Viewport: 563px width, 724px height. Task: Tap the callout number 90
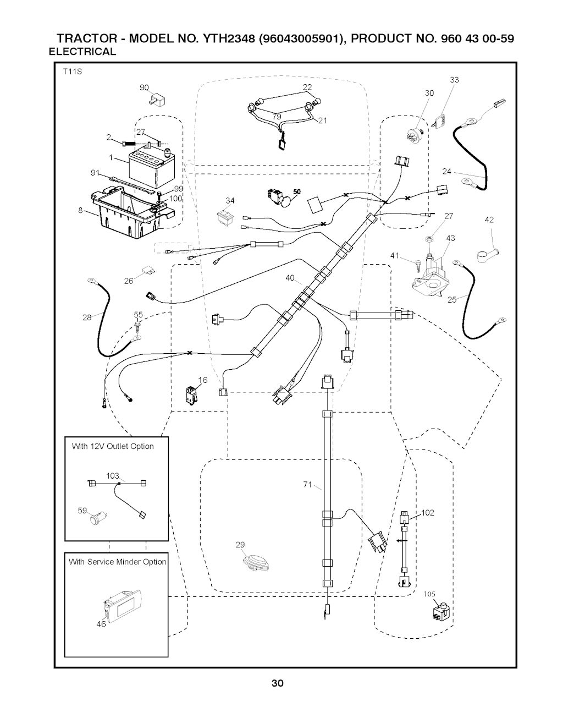(x=144, y=87)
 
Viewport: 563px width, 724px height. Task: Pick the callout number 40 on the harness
(x=290, y=278)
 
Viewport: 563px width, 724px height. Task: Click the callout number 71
(x=307, y=484)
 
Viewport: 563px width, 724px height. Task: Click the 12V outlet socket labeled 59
(x=100, y=517)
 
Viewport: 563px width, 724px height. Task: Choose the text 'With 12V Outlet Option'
(x=113, y=446)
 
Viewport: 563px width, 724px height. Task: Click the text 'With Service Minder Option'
(x=117, y=562)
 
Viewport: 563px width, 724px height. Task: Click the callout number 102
(x=428, y=513)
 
